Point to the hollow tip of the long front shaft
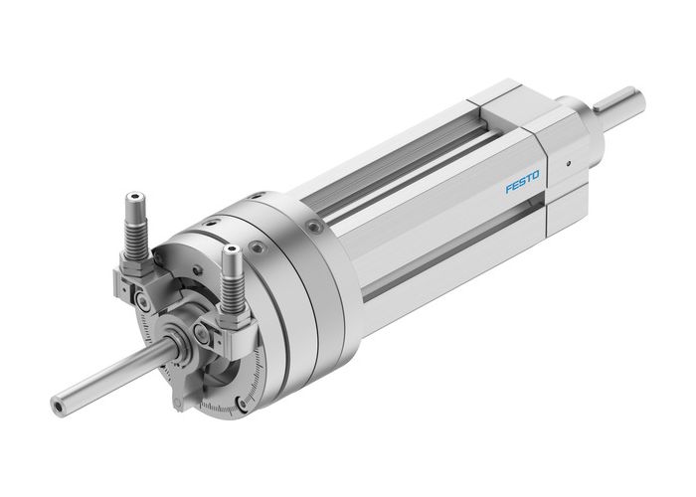(x=58, y=406)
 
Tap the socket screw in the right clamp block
(x=204, y=331)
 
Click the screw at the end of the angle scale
(x=242, y=404)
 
